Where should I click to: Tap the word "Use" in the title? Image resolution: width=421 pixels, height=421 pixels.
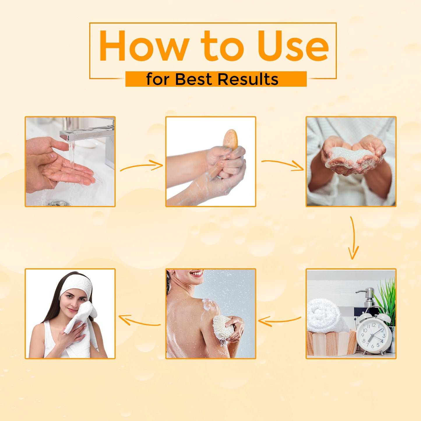(293, 46)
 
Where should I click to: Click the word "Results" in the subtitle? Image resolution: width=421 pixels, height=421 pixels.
(248, 79)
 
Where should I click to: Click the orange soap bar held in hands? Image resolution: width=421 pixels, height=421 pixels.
(230, 140)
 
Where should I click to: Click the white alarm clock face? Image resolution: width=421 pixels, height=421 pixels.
(374, 334)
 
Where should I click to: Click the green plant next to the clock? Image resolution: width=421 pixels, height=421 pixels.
(387, 302)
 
